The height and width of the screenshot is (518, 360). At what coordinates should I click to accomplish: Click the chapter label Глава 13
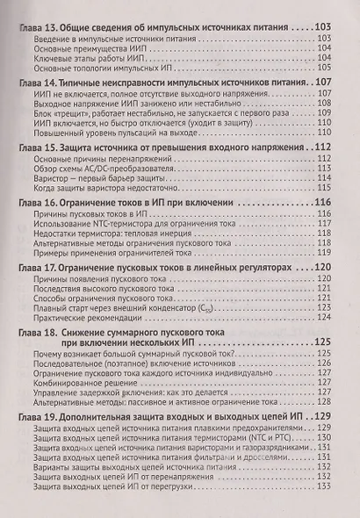[36, 27]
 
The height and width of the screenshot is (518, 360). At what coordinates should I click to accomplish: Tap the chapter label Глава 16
[36, 203]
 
